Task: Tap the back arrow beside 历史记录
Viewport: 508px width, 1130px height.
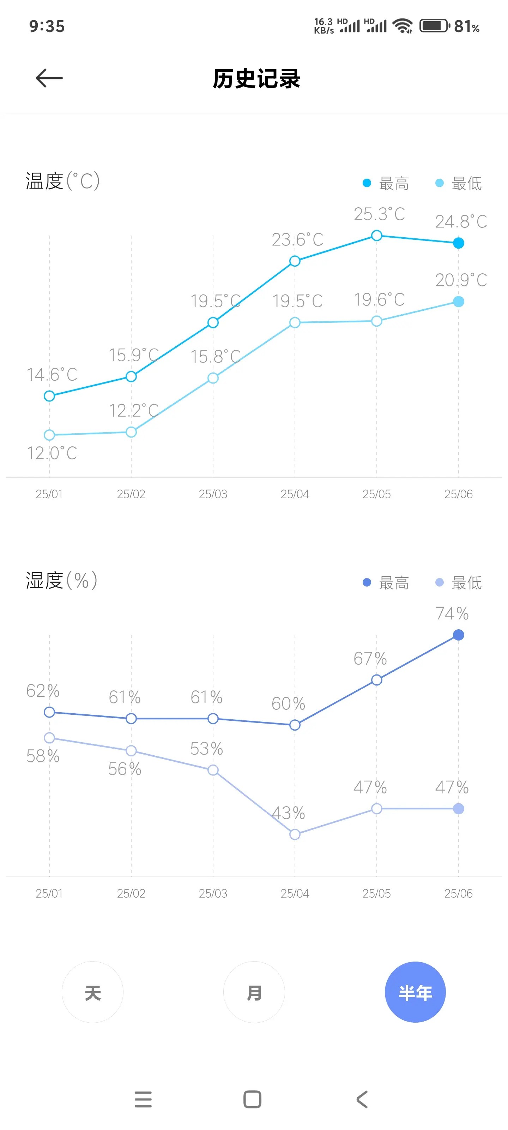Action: pos(49,78)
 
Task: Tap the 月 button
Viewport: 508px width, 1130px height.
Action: pos(254,992)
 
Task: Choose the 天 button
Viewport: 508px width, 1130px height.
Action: pos(92,992)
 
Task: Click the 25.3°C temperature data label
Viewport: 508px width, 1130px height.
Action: pos(379,214)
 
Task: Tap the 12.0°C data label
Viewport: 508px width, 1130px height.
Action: pos(52,453)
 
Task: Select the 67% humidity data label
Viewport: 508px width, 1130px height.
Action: pos(370,659)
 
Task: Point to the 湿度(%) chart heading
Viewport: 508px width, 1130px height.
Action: pos(61,580)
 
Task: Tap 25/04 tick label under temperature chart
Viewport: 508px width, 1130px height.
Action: pos(295,494)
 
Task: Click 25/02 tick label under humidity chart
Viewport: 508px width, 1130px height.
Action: pos(131,893)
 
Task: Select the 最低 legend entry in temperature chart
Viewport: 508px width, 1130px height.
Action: pos(459,183)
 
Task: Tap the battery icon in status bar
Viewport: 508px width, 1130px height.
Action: pos(434,26)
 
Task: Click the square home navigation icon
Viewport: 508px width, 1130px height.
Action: pos(252,1099)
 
